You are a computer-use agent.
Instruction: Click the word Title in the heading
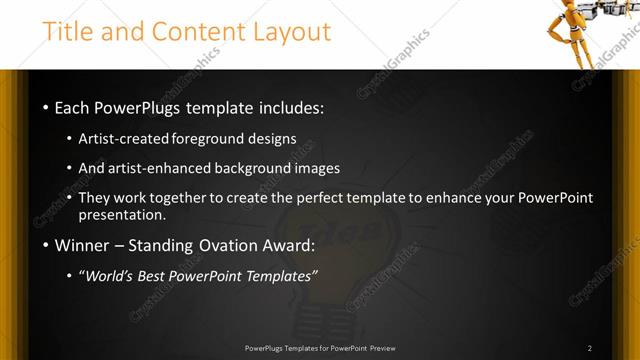[69, 32]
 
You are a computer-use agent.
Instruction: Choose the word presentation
[122, 215]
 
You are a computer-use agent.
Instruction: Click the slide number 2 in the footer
[590, 348]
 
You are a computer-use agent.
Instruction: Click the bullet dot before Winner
[47, 246]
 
